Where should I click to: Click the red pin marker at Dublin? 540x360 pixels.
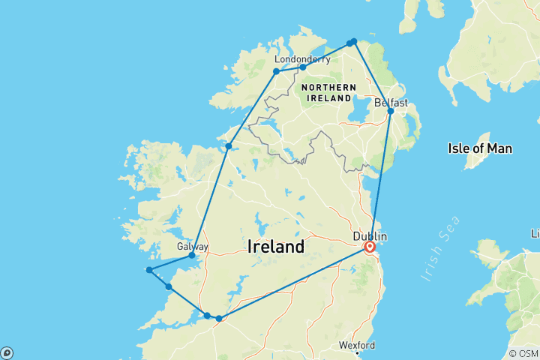[369, 246]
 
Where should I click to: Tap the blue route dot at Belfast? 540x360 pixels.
[390, 111]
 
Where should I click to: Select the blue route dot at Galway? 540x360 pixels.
[192, 256]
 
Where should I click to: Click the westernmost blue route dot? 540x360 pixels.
[149, 270]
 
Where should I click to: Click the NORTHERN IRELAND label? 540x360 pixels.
[327, 93]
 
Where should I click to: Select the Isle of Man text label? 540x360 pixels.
[480, 148]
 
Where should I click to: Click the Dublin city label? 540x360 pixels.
[370, 235]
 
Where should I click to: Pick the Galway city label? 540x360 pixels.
[192, 246]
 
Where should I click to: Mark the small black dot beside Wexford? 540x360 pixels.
[358, 352]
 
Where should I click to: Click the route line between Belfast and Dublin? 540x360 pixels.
[380, 176]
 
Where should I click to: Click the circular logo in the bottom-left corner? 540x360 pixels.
[7, 352]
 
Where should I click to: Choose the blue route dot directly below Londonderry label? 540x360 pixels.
[302, 67]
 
